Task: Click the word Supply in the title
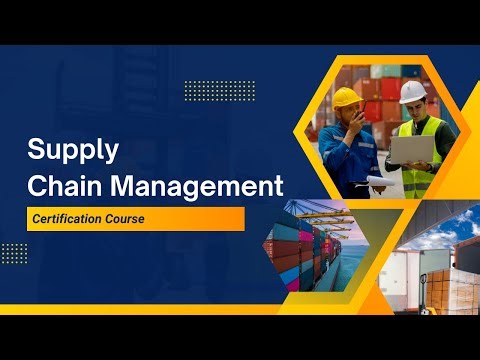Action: click(x=73, y=151)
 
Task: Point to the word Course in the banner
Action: click(x=136, y=219)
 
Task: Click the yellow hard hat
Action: click(x=347, y=96)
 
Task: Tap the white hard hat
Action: click(x=412, y=91)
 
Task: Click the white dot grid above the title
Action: click(x=220, y=91)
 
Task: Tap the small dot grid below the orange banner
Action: click(x=14, y=252)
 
